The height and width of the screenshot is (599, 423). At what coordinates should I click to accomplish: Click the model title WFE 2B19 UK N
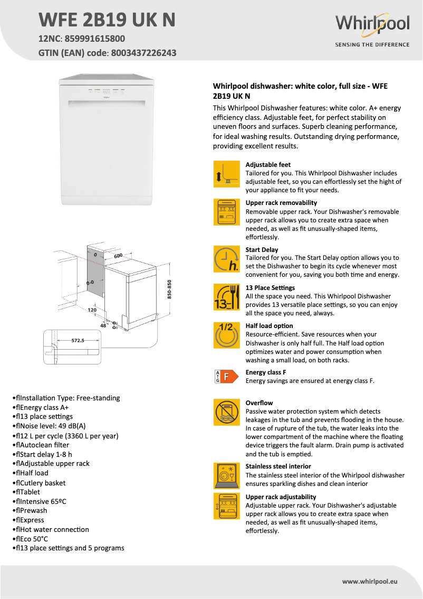coord(107,20)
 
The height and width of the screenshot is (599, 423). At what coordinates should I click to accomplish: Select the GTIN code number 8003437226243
coord(143,53)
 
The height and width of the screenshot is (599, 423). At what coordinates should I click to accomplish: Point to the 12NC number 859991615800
coord(95,39)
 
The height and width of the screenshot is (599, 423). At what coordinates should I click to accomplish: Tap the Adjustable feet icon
coord(226,174)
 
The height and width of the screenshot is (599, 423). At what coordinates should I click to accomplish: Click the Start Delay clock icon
coord(226,259)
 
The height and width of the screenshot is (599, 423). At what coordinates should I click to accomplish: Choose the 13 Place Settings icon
coord(226,297)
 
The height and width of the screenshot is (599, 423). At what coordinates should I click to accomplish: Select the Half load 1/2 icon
coord(226,335)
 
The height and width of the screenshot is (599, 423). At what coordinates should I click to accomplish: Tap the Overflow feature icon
coord(226,412)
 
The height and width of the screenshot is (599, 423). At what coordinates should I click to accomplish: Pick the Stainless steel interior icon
coord(226,475)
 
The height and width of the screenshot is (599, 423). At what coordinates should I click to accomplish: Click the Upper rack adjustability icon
coord(226,506)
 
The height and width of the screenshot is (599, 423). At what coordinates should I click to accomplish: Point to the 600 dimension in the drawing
coord(117,256)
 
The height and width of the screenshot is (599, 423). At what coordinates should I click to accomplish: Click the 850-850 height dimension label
coord(169,289)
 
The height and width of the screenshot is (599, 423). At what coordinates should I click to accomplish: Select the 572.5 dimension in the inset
coord(78,341)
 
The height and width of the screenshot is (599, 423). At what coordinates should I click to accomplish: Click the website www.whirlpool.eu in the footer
coord(369,581)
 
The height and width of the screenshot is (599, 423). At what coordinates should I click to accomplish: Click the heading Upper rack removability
coord(281,203)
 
